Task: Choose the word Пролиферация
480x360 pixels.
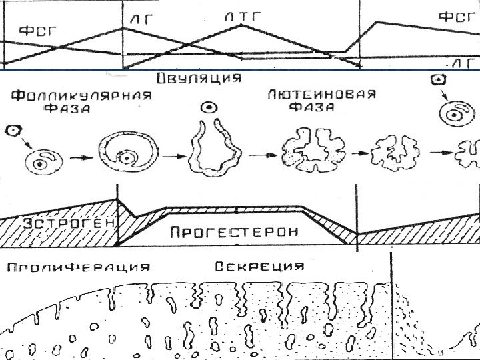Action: point(78,268)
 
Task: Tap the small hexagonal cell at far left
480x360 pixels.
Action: point(12,130)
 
